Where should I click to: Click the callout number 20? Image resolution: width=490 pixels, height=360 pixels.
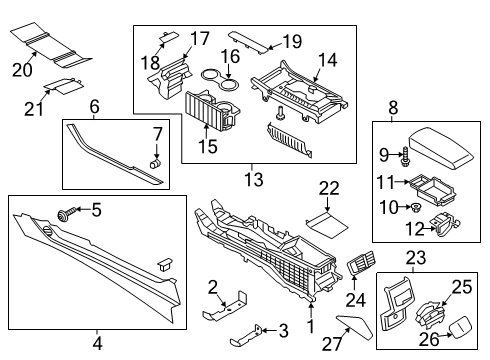[x=20, y=68]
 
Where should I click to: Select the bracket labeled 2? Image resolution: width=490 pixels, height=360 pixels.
[x=228, y=304]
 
